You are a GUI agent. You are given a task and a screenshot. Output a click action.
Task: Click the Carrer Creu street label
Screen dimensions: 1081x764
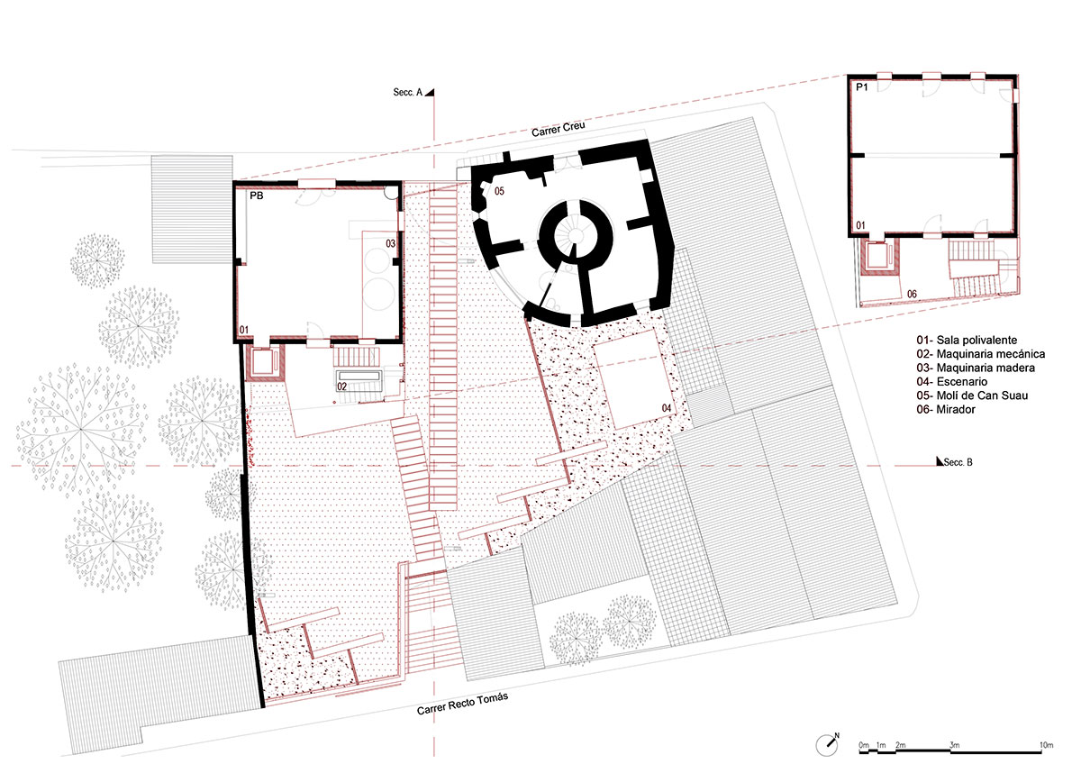click(559, 129)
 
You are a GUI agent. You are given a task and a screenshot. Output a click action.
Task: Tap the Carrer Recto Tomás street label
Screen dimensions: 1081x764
click(462, 704)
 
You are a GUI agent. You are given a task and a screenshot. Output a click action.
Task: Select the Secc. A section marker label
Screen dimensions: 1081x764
click(408, 92)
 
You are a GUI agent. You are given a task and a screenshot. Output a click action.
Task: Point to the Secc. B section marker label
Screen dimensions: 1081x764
click(958, 462)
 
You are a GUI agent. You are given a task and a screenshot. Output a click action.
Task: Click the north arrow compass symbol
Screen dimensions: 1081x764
click(828, 745)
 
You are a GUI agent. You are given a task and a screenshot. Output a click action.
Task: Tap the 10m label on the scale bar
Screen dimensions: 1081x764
click(1046, 745)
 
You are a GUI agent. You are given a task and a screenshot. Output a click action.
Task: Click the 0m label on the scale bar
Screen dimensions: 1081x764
click(864, 745)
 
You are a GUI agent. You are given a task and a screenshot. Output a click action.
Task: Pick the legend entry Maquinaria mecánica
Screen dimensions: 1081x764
click(981, 354)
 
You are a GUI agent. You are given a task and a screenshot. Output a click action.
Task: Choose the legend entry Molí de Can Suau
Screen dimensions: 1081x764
click(972, 396)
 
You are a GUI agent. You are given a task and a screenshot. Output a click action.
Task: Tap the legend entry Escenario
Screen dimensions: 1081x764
click(949, 381)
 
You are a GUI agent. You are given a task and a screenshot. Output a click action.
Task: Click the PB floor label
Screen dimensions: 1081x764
click(256, 196)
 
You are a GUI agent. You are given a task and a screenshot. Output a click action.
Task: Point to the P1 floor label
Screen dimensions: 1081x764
click(862, 87)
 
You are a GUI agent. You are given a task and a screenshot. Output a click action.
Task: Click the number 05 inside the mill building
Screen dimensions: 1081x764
click(499, 191)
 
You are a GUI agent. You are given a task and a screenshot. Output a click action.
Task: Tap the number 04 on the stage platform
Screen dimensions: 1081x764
click(667, 408)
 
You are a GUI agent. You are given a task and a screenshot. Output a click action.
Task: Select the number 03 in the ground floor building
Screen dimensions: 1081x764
click(390, 244)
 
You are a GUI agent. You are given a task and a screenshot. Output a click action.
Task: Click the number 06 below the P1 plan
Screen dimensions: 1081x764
click(912, 294)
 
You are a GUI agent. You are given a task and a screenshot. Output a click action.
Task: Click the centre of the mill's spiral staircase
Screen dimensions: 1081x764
click(576, 235)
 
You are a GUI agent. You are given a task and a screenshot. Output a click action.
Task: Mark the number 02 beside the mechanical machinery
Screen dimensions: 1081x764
click(341, 387)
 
